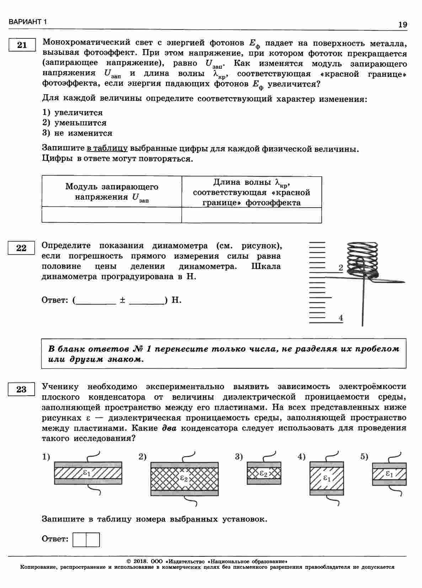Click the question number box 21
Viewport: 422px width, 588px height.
(22, 45)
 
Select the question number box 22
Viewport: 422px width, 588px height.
(21, 248)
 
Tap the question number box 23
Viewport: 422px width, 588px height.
(21, 389)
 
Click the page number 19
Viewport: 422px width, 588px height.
(402, 25)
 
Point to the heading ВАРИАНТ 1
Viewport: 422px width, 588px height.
(28, 22)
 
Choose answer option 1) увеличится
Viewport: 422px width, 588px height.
(73, 113)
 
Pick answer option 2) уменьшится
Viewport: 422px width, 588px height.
(75, 123)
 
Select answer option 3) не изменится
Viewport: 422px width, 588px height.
(78, 133)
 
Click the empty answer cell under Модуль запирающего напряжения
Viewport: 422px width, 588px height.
(112, 215)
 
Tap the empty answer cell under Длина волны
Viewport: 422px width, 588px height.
(252, 215)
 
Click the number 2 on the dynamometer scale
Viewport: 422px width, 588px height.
(341, 268)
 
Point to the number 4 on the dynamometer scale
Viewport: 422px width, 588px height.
(341, 317)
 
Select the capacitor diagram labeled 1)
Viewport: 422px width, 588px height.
(88, 473)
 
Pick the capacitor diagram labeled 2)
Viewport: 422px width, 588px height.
(185, 478)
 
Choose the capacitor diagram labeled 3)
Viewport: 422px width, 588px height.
(264, 473)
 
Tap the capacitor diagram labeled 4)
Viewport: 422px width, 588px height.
(327, 478)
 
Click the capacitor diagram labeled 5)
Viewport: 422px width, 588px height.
(389, 474)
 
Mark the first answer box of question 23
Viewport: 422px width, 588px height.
(79, 539)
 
